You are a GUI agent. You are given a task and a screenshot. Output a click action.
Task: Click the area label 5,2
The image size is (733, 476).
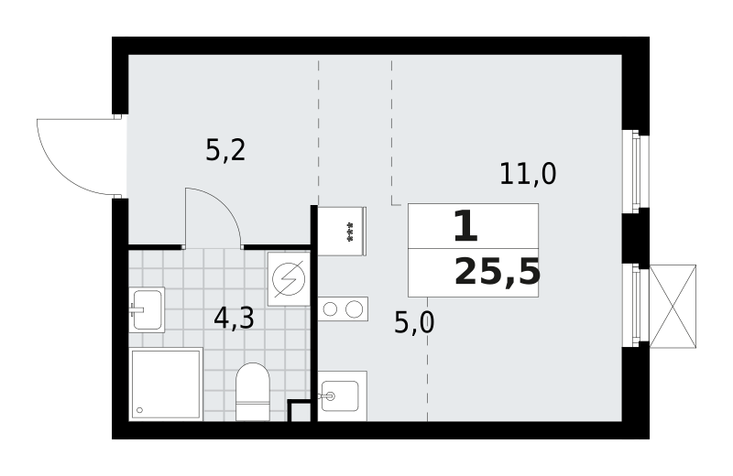[x=225, y=150]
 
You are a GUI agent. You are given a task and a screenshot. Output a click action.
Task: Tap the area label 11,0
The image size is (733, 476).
[x=528, y=173]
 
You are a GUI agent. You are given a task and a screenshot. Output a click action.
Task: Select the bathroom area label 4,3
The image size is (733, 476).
[x=234, y=319]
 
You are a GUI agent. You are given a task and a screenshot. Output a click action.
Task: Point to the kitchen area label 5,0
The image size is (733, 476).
[x=414, y=322]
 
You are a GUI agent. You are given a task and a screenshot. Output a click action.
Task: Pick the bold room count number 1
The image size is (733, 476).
[x=466, y=226]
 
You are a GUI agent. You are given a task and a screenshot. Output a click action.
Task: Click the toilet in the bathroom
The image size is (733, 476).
[x=253, y=392]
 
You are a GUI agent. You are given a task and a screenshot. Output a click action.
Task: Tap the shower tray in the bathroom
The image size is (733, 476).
[x=166, y=384]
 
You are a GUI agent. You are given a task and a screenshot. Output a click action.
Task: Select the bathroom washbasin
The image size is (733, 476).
[x=147, y=309]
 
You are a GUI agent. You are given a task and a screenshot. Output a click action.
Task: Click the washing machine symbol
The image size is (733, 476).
[x=289, y=279]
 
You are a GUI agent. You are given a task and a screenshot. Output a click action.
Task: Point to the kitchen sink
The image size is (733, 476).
[x=342, y=396]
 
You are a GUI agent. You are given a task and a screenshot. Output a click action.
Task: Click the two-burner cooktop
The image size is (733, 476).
[x=343, y=308]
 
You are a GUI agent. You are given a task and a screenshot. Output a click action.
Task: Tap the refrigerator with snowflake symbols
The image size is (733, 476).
[x=342, y=232]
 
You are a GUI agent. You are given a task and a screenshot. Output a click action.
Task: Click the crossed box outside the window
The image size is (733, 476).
[x=673, y=307]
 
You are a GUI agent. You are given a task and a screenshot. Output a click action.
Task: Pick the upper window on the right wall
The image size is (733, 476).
[x=636, y=171]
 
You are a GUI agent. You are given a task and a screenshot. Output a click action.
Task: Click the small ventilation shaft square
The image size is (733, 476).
[x=300, y=411]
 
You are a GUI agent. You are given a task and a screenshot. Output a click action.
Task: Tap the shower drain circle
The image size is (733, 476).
[x=139, y=410]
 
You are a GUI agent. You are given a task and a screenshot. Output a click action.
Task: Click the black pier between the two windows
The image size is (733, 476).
[x=636, y=238]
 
